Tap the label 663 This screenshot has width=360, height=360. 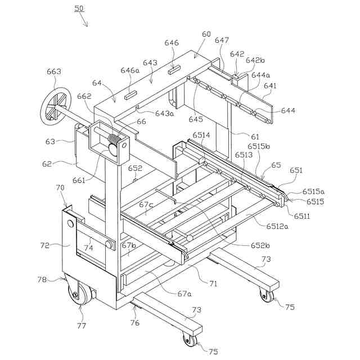tap(54, 72)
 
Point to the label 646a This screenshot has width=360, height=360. tap(129, 70)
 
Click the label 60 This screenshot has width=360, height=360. tap(206, 34)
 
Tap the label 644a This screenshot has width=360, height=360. tap(260, 74)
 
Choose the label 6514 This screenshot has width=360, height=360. tap(201, 136)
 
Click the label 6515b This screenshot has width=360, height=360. tap(258, 146)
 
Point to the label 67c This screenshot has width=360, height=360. tap(146, 204)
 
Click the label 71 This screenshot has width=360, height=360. tap(213, 283)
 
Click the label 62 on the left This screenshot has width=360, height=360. tap(46, 164)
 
